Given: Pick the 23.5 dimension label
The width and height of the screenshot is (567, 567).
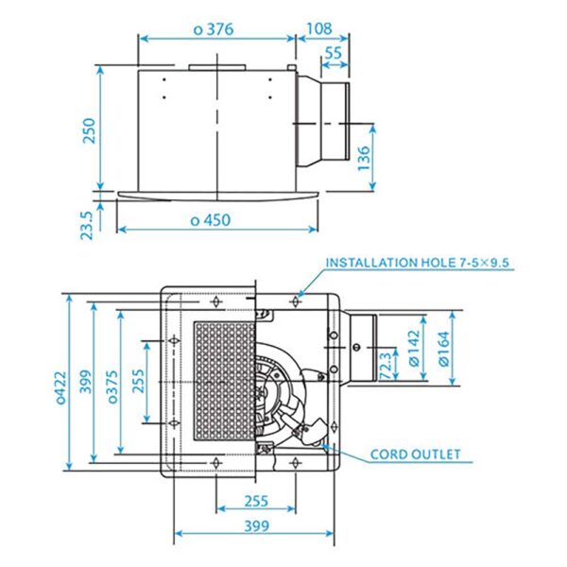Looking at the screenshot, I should coord(88,225).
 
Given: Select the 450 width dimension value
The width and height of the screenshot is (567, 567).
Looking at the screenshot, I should coord(211,220).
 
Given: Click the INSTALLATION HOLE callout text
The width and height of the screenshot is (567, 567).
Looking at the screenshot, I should coord(420,263).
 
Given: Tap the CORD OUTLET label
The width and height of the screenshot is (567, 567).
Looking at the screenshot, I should coord(416,455).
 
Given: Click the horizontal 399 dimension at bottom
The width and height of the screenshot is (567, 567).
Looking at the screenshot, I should coord(254,526).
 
